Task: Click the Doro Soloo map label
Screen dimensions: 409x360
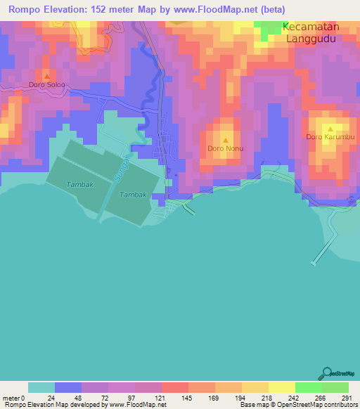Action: point(47,85)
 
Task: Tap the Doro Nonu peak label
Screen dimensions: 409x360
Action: point(224,148)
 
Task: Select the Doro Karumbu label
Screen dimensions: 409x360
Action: point(330,137)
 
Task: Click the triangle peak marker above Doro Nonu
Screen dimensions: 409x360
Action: point(225,139)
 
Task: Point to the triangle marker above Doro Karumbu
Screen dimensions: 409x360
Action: point(330,128)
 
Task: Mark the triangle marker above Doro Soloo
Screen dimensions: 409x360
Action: point(47,76)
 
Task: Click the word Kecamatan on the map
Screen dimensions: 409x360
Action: point(311,27)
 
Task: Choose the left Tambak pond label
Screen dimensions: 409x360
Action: point(79,184)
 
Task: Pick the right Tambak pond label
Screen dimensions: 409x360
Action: point(133,194)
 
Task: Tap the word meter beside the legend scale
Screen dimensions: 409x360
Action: point(12,397)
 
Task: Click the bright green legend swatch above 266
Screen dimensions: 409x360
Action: point(308,387)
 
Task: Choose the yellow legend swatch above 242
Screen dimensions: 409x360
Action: point(281,387)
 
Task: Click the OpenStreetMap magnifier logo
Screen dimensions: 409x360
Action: point(325,373)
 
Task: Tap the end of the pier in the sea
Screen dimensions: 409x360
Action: point(313,264)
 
